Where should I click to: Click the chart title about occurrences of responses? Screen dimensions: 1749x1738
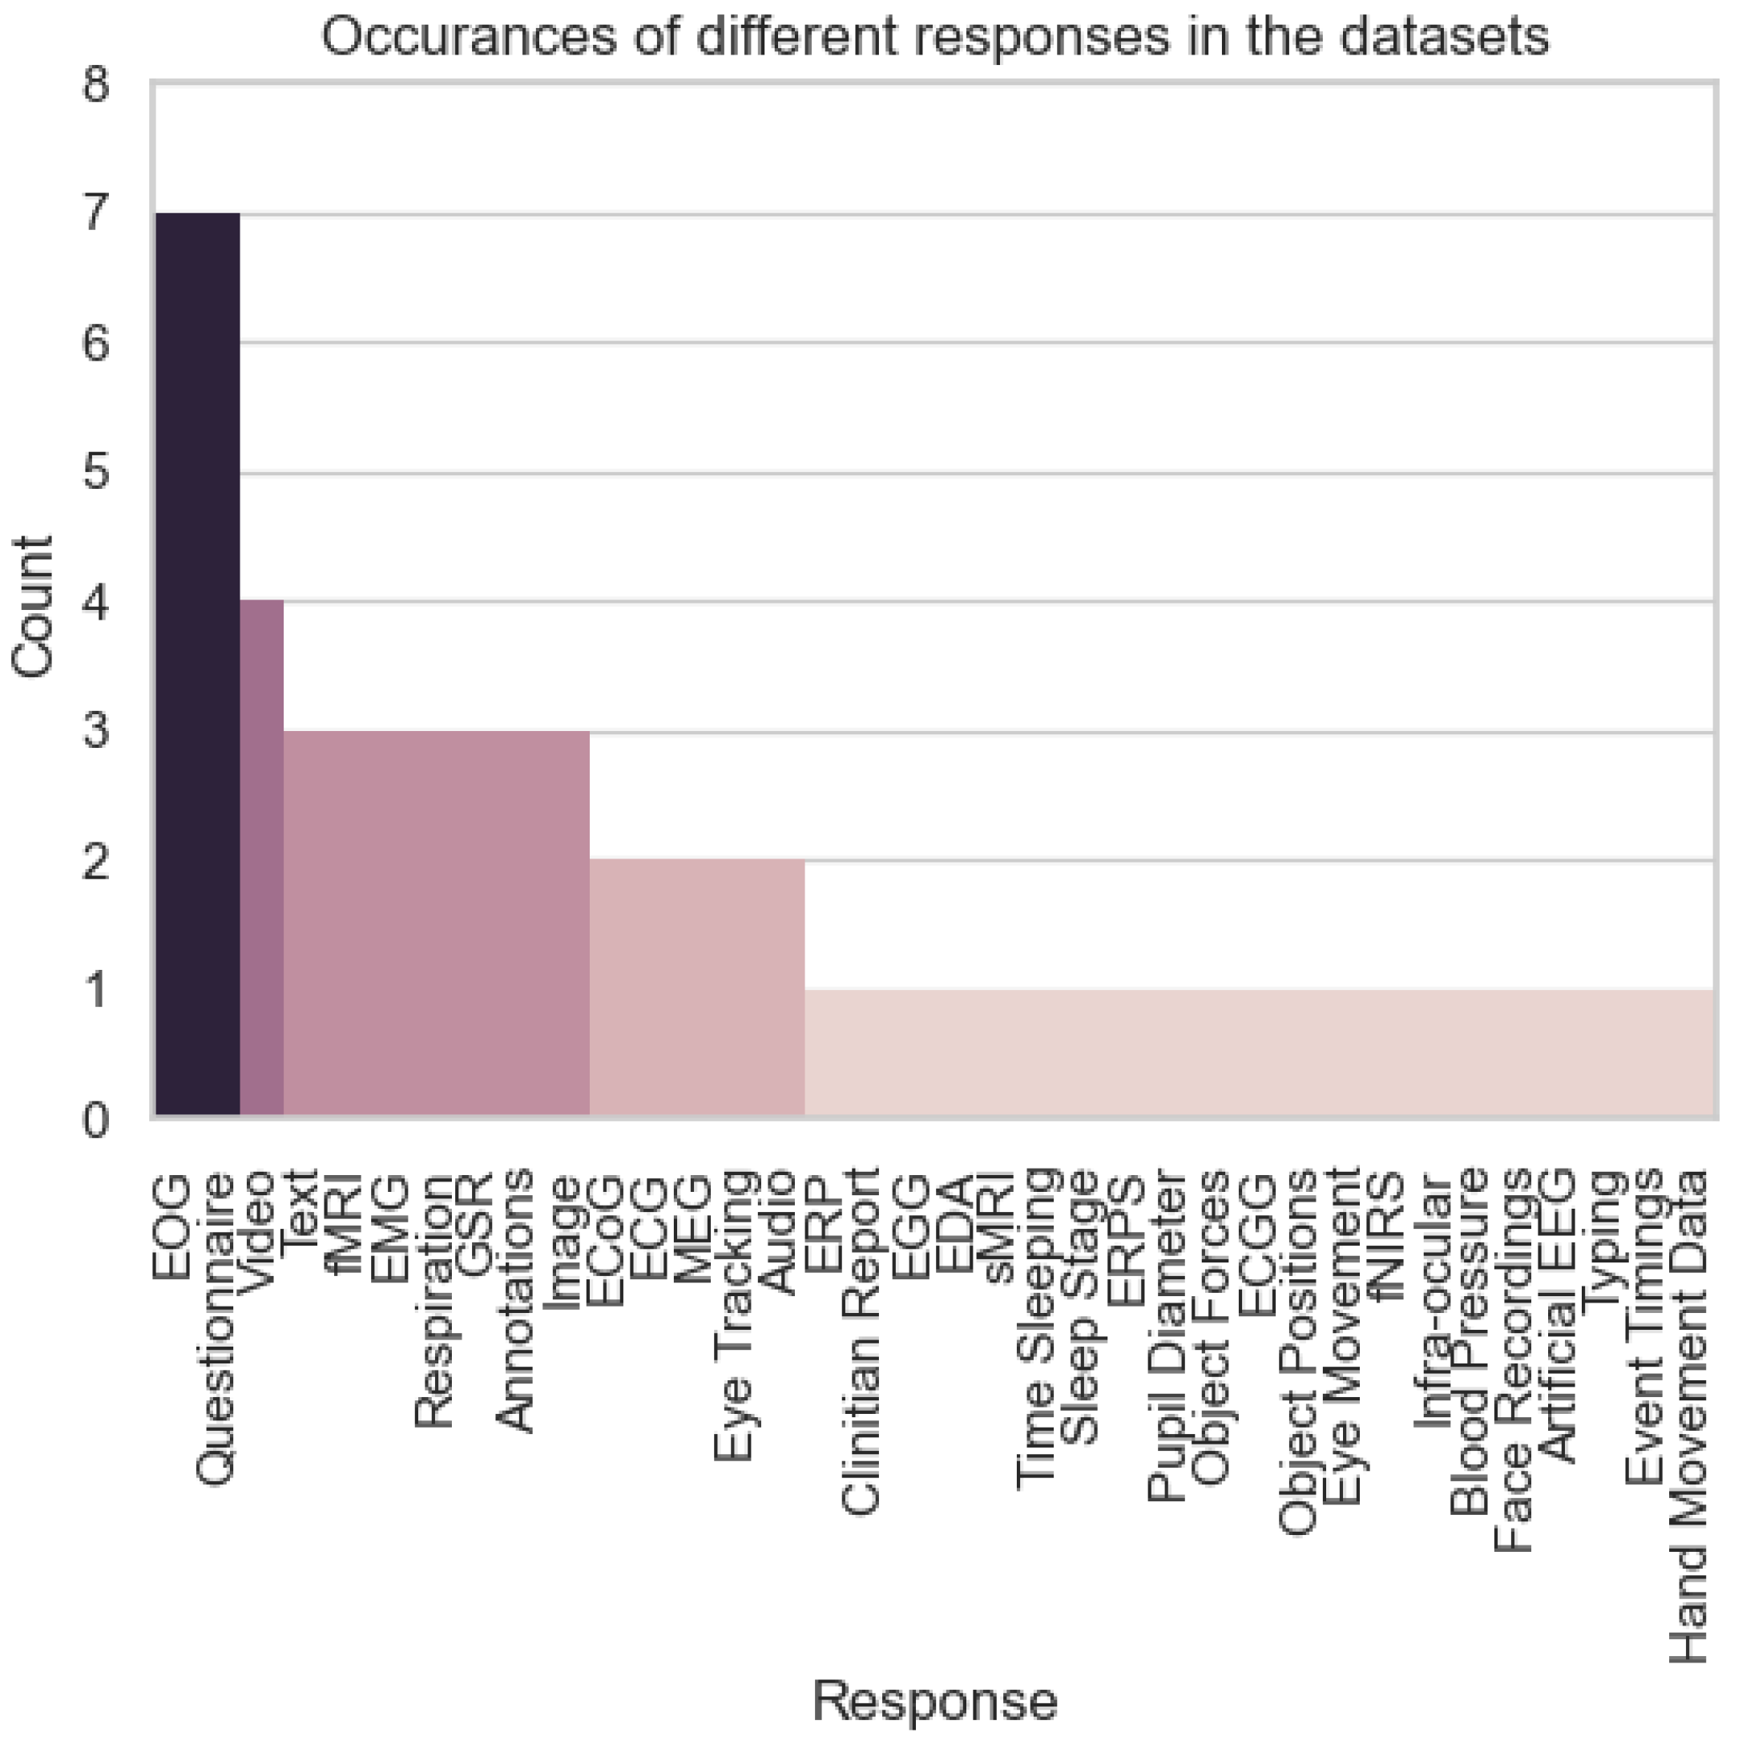click(934, 38)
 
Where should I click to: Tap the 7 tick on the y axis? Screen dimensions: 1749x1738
click(96, 214)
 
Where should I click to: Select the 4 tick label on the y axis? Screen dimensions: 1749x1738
click(96, 602)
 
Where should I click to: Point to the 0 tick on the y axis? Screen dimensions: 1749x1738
click(96, 1121)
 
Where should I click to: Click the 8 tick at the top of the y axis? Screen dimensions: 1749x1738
click(96, 85)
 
